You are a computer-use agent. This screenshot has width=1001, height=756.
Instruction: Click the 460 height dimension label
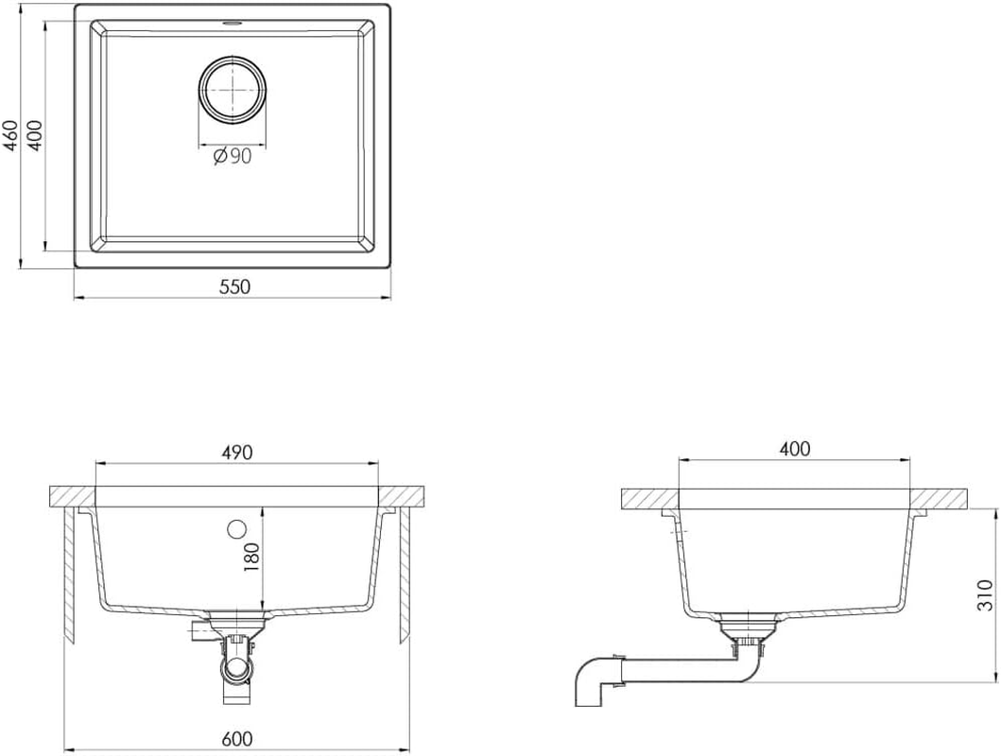coord(11,137)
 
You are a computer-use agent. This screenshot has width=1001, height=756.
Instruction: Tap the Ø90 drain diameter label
coord(232,157)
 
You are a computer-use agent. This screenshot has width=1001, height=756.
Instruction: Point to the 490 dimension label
coord(237,453)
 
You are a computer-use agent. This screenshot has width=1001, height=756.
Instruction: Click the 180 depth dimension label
coord(251,558)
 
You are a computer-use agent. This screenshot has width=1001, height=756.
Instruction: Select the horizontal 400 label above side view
coord(794,450)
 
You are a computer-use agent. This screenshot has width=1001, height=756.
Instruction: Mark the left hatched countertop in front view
coord(72,496)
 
